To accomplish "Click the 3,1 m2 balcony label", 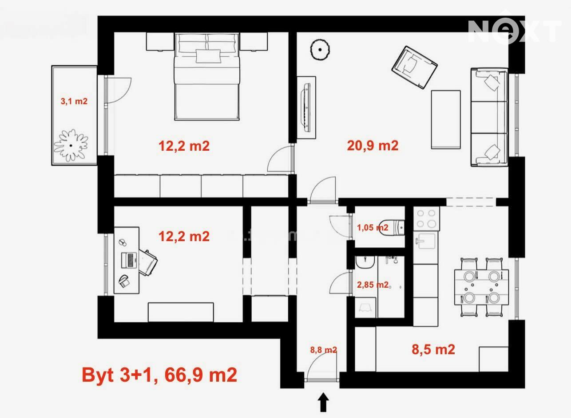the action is click(74, 101).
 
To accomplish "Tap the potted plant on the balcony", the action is click(71, 145).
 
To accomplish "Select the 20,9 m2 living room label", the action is click(373, 145).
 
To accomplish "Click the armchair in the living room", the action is click(414, 67).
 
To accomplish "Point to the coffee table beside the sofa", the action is click(446, 119).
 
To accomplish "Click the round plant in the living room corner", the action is click(320, 49).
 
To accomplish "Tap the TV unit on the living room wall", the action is click(306, 108).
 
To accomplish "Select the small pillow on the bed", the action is click(208, 56).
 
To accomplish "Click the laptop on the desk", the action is click(130, 260).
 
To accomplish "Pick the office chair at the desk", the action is click(147, 263).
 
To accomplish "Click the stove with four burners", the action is click(426, 219).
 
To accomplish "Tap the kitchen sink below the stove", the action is click(426, 240).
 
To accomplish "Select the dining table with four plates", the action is click(481, 287).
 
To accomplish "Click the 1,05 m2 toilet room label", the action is click(373, 227).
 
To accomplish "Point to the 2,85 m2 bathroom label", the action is click(373, 285).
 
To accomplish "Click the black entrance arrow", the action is click(323, 402).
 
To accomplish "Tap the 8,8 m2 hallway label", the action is click(324, 350).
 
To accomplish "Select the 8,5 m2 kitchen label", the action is click(433, 349).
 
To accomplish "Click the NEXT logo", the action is click(515, 30).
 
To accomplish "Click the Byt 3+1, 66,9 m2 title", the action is click(159, 375).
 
